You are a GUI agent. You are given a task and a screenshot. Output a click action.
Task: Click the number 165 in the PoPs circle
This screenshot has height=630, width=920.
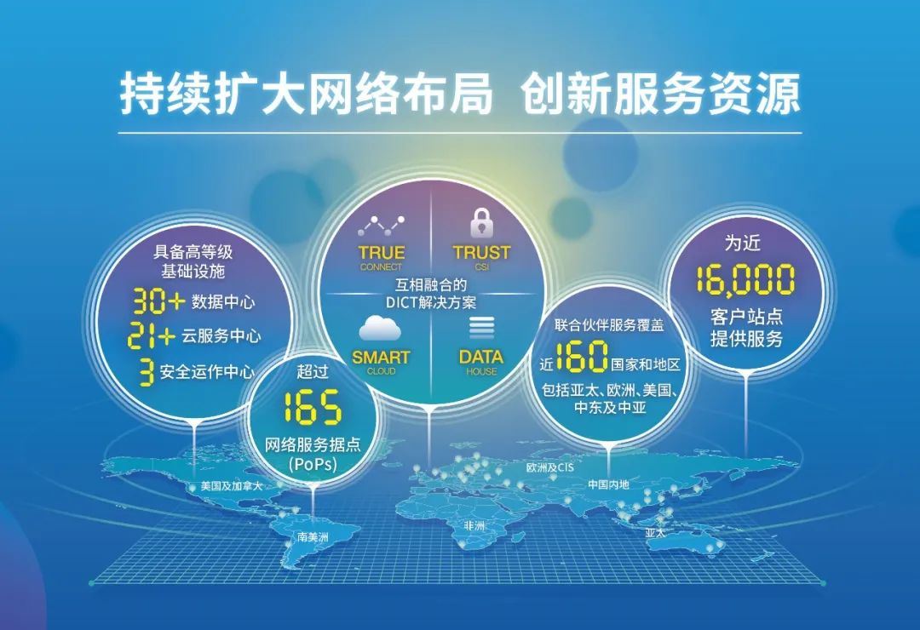312,407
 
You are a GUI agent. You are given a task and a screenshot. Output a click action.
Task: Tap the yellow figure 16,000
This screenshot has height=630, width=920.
745,279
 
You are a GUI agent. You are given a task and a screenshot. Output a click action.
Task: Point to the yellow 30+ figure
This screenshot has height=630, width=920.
158,301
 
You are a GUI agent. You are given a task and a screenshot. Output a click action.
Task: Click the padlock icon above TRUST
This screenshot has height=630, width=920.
481,223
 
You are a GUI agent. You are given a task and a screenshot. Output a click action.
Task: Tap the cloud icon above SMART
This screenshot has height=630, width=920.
380,328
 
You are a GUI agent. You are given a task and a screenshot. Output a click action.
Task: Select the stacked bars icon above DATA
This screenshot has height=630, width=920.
481,328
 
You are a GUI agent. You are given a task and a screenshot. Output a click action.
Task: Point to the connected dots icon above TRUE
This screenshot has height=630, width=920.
381,225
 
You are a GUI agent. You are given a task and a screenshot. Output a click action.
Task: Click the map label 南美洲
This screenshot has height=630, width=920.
313,537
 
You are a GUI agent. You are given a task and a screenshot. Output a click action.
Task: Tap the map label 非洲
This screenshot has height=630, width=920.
474,526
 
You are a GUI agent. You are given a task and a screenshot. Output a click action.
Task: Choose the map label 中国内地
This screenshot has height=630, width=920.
608,484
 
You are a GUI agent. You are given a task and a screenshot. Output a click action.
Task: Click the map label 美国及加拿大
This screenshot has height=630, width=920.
230,486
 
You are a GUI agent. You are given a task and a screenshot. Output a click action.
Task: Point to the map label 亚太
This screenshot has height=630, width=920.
657,532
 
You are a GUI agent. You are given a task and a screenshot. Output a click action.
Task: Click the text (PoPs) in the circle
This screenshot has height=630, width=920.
312,465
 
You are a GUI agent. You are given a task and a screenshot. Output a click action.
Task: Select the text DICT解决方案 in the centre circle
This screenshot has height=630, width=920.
431,302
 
